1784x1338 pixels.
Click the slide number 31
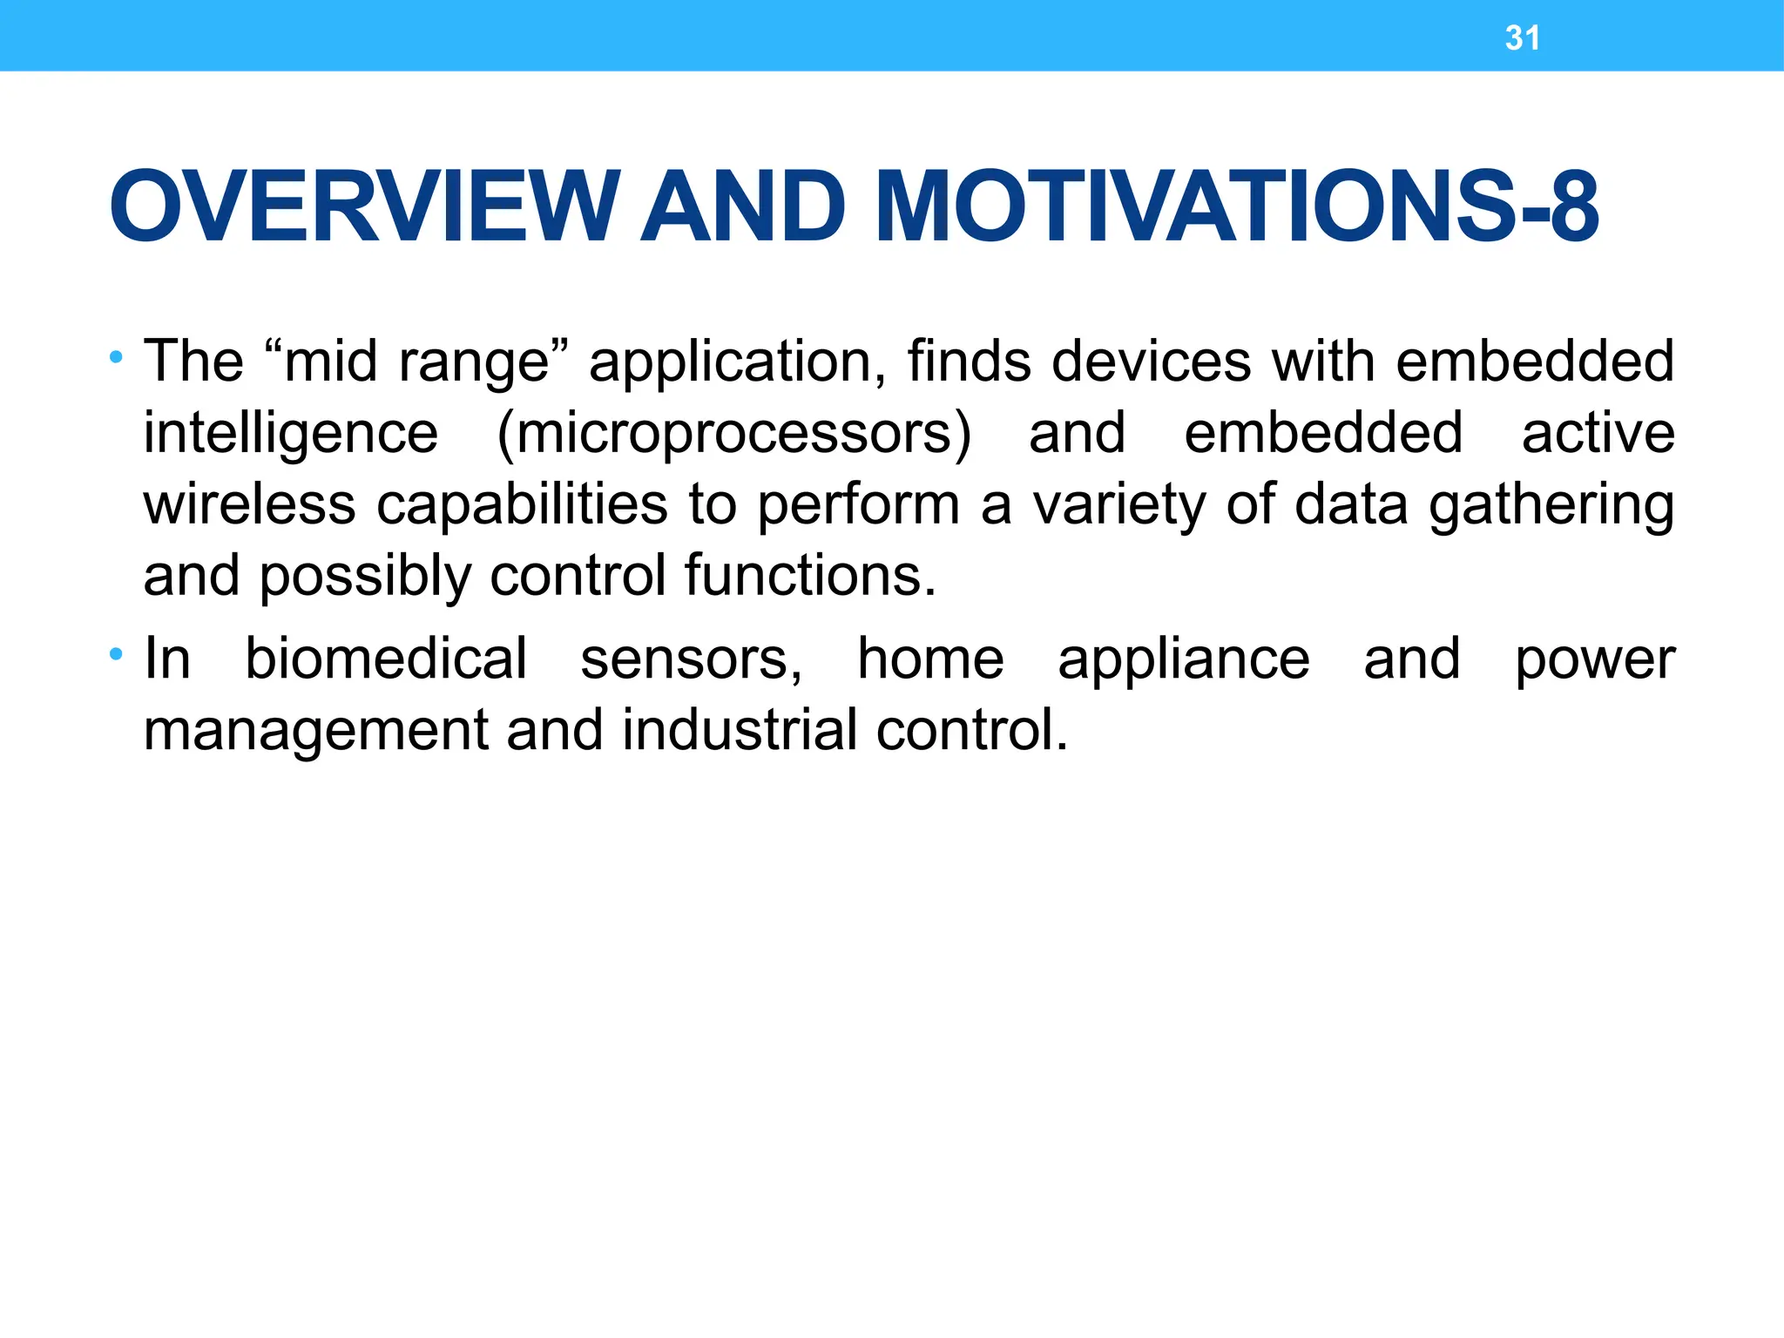pyautogui.click(x=1522, y=38)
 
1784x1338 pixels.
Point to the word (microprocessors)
pyautogui.click(x=733, y=433)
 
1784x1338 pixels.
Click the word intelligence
pyautogui.click(x=291, y=433)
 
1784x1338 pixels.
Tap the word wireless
pyautogui.click(x=250, y=504)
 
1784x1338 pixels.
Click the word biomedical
pyautogui.click(x=385, y=658)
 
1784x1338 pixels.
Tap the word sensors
pyautogui.click(x=691, y=659)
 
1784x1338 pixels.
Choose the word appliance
pyautogui.click(x=1183, y=659)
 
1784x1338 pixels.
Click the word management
pyautogui.click(x=315, y=731)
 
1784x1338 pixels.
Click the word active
pyautogui.click(x=1598, y=433)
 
